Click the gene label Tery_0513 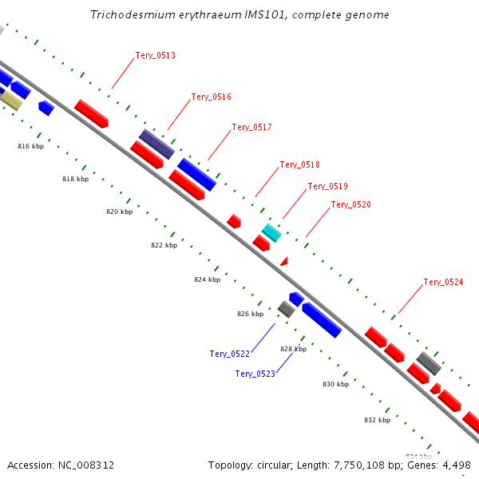tap(156, 56)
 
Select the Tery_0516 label tap(212, 97)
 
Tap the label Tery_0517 tap(251, 128)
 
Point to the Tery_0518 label tap(299, 165)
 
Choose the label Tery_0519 tap(327, 187)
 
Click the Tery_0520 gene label tap(350, 205)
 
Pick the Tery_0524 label tap(443, 283)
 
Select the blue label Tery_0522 tap(230, 354)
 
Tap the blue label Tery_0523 tap(255, 374)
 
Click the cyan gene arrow tap(271, 232)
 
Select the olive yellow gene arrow tap(11, 100)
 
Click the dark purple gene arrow tap(156, 144)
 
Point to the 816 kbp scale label tap(30, 147)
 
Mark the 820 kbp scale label tap(119, 212)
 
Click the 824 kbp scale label tap(207, 280)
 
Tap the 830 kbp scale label tap(335, 385)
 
